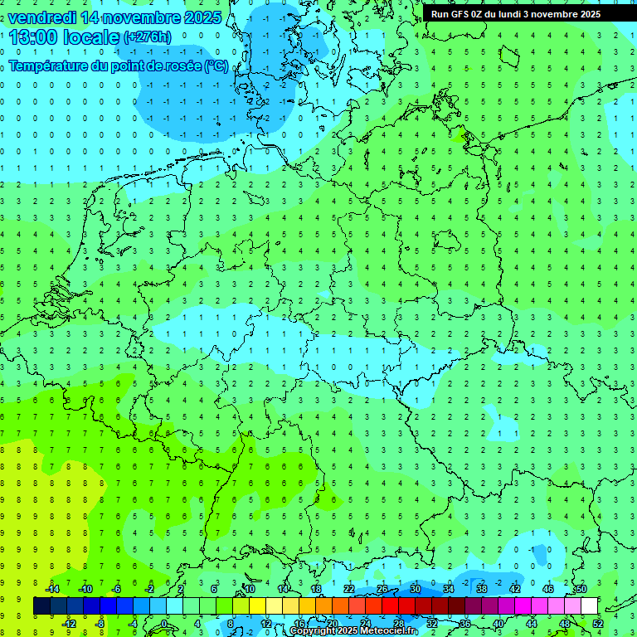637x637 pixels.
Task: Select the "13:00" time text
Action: coord(36,37)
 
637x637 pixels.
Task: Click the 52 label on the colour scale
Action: coord(597,624)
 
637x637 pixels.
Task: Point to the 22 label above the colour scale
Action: coord(349,589)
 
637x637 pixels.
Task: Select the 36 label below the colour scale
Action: coord(464,624)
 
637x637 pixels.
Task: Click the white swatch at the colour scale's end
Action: coord(589,606)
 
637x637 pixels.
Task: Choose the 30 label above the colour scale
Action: coord(416,589)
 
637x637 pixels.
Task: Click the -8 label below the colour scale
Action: coord(101,624)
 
